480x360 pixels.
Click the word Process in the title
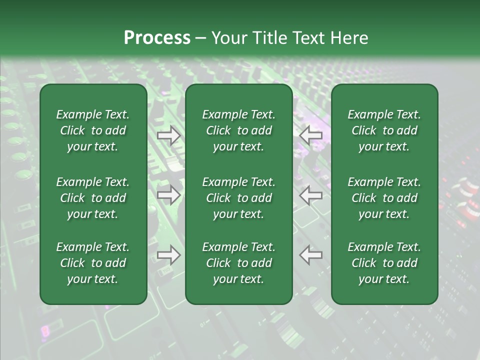157,38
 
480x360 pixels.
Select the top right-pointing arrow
169,135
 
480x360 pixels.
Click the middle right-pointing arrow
169,195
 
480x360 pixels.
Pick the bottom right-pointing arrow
169,255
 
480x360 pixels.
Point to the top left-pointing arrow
310,135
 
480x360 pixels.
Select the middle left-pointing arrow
310,195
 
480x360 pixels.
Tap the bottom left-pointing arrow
310,255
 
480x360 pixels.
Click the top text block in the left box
93,130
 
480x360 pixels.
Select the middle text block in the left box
93,198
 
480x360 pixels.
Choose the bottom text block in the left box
93,263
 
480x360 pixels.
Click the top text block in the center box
239,130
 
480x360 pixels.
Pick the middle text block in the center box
239,198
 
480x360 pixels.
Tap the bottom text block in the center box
239,263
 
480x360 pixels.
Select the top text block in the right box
384,130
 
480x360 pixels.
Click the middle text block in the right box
384,198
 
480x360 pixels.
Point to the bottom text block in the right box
384,263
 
